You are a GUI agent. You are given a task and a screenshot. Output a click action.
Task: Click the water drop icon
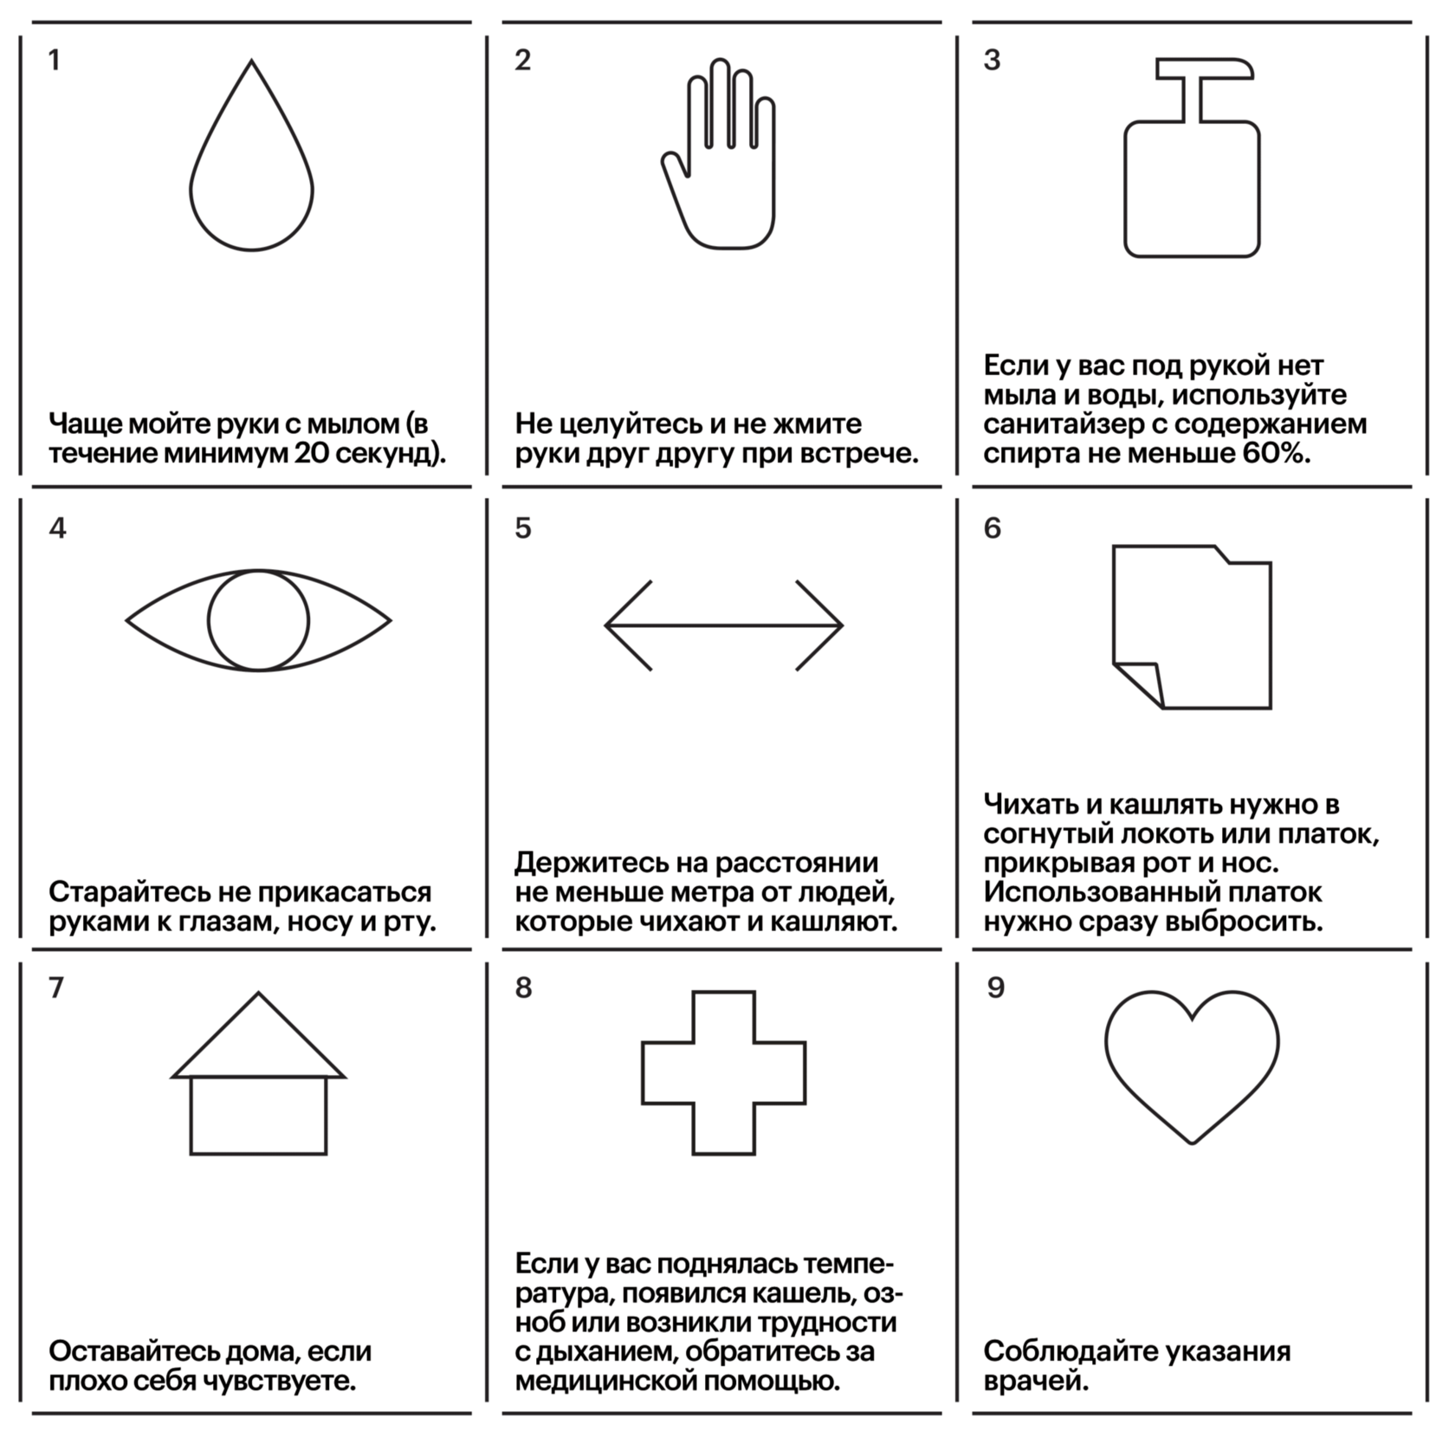tap(251, 173)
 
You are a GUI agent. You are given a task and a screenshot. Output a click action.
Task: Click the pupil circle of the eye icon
tap(258, 620)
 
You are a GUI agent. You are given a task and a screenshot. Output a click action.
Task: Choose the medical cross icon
tap(724, 1072)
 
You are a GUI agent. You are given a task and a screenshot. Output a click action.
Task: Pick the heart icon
tap(1192, 1062)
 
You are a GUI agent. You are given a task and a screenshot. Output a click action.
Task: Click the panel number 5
tap(523, 528)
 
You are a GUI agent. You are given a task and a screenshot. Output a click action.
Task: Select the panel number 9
tap(995, 987)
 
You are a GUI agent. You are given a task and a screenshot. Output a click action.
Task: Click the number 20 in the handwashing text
tap(311, 453)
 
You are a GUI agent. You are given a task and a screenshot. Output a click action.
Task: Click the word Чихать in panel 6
tap(1031, 805)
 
